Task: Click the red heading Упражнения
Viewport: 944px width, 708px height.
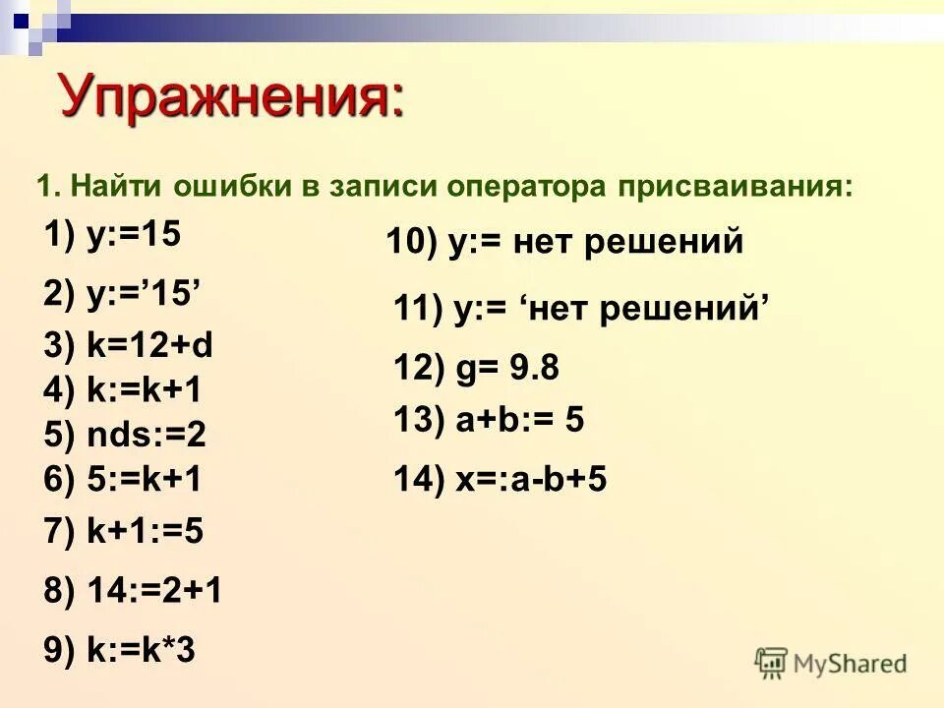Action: click(231, 95)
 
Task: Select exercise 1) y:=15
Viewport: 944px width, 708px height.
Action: click(113, 237)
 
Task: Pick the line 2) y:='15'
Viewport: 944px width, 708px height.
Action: click(123, 292)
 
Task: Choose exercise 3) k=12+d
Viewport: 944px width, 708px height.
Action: click(129, 347)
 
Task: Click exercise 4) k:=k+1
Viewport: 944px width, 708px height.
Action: click(123, 390)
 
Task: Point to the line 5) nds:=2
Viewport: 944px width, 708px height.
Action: click(125, 435)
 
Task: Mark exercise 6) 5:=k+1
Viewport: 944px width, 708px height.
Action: click(123, 479)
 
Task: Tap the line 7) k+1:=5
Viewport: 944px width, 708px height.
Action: click(124, 532)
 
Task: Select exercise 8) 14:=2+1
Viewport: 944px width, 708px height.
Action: click(133, 591)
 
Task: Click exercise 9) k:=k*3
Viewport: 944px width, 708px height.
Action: click(119, 650)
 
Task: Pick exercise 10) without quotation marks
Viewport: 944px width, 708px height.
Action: click(564, 242)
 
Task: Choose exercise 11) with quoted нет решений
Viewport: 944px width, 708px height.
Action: click(580, 309)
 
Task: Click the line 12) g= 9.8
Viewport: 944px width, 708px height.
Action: click(476, 369)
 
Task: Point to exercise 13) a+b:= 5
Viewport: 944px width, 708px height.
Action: click(489, 421)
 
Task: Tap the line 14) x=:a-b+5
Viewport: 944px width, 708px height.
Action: click(500, 480)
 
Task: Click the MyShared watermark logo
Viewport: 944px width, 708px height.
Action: click(830, 664)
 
